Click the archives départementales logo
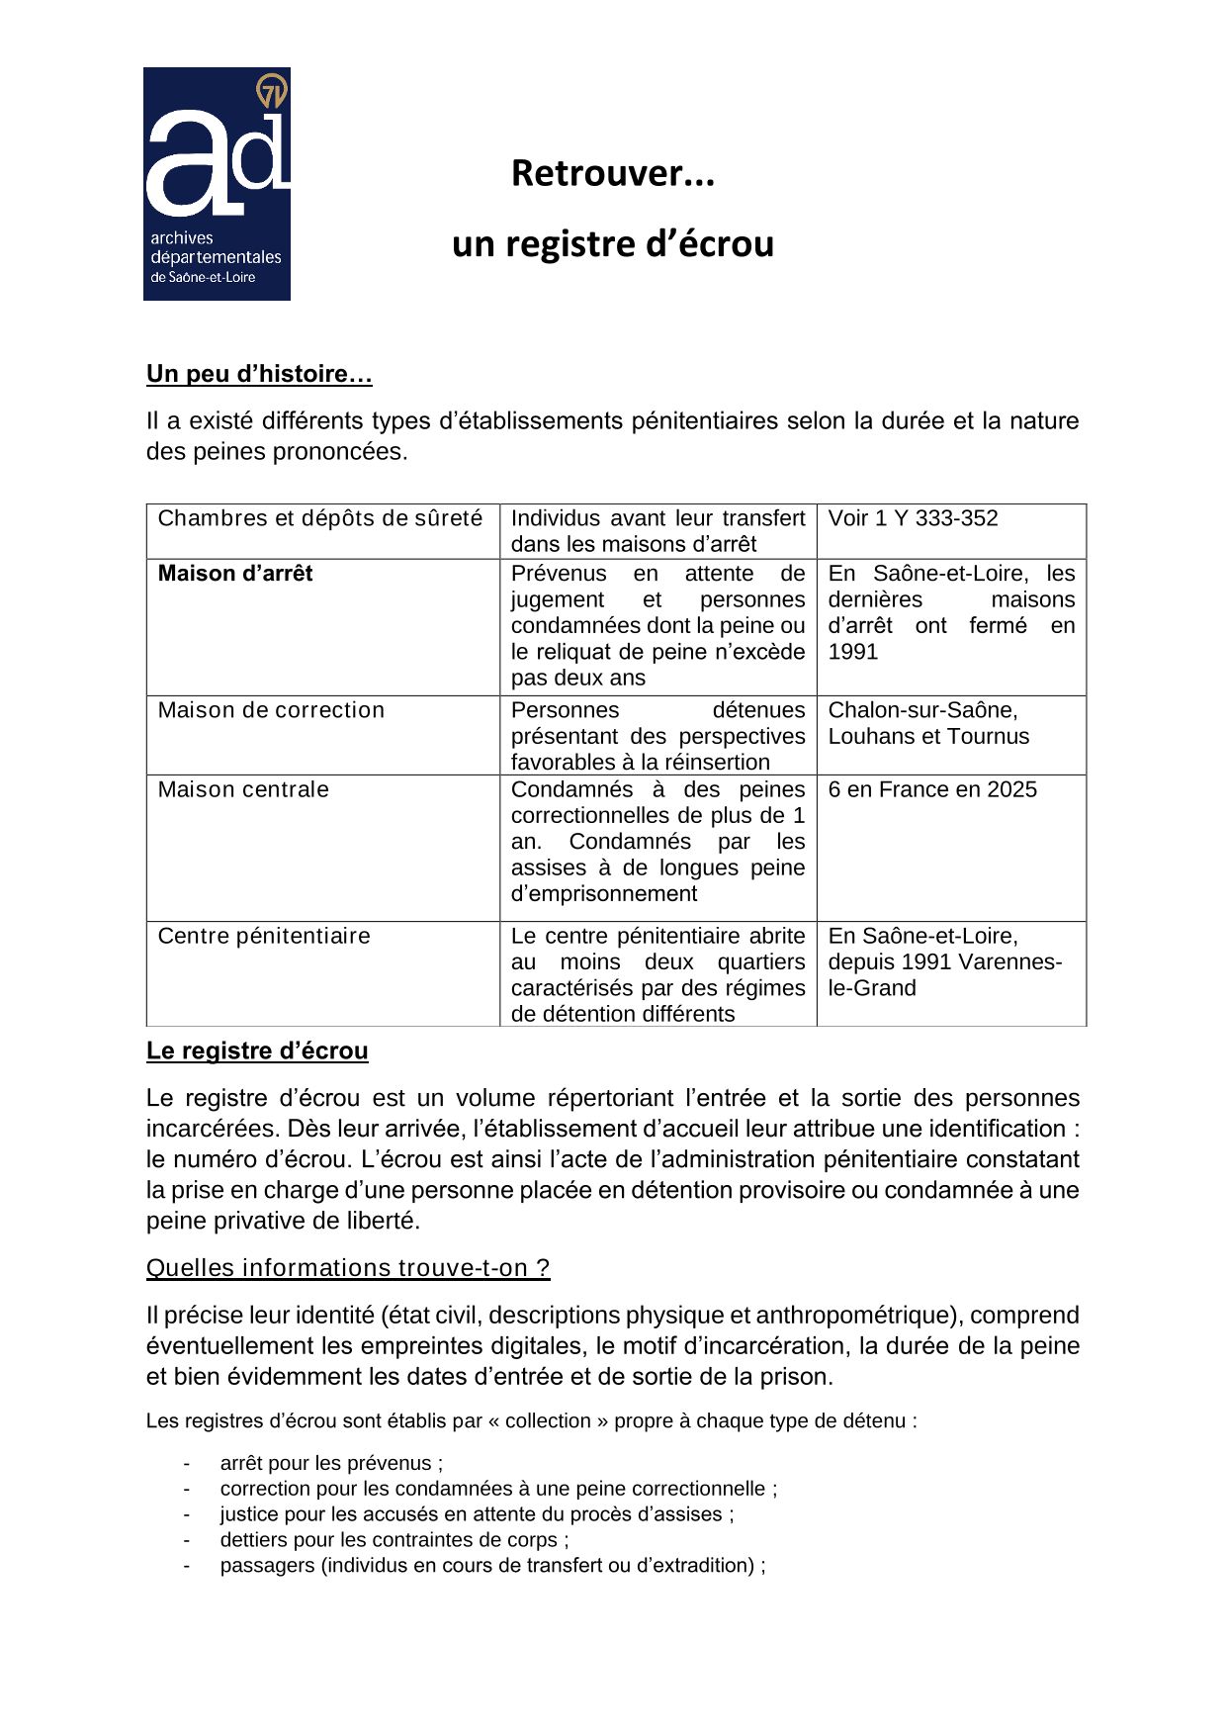[x=217, y=184]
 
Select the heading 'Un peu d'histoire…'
[x=259, y=374]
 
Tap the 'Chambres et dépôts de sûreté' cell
[x=320, y=518]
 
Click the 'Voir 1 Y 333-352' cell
[x=913, y=518]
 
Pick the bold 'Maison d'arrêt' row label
[x=235, y=574]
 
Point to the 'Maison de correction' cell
[x=271, y=710]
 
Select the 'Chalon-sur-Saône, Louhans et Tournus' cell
[x=928, y=723]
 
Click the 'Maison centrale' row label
[x=243, y=789]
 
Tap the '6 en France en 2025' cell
[x=932, y=789]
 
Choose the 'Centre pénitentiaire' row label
[x=264, y=936]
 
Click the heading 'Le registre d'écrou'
[x=257, y=1050]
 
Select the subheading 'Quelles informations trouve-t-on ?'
[x=348, y=1268]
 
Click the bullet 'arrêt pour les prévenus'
[x=331, y=1463]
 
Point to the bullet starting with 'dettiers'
[x=394, y=1540]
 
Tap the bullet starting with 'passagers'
[x=492, y=1566]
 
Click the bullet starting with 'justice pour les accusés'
[x=477, y=1514]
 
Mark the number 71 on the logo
[x=271, y=92]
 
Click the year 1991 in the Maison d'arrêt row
[x=852, y=652]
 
